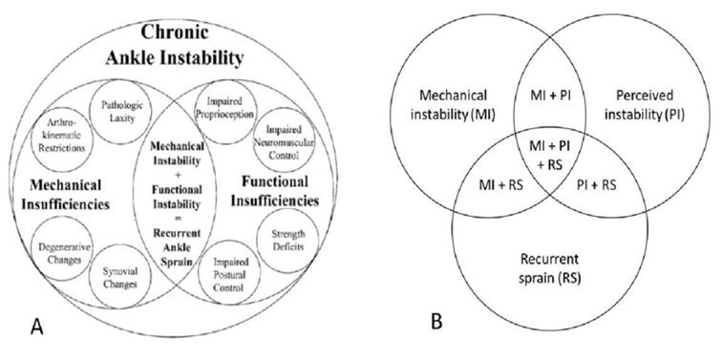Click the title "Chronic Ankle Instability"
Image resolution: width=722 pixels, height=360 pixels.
(x=175, y=45)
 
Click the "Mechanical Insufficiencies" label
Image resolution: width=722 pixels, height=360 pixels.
(x=65, y=195)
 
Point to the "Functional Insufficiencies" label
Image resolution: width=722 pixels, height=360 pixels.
(x=275, y=191)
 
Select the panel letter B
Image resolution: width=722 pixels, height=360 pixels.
(x=436, y=321)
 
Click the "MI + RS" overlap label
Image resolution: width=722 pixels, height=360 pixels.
(x=500, y=186)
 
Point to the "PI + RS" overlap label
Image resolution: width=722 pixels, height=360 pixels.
(x=596, y=186)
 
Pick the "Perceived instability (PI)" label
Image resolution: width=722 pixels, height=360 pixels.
(x=645, y=105)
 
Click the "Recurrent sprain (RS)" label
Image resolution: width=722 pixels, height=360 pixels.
(x=549, y=269)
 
